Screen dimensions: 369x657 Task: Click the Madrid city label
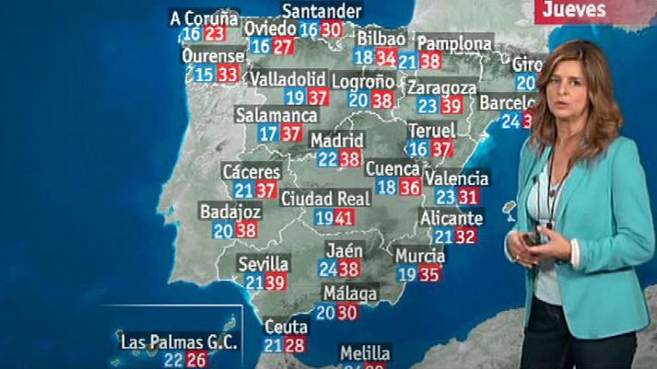[x=336, y=140]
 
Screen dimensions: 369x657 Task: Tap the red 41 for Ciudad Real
[x=344, y=219]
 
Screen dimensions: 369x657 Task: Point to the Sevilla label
[x=262, y=263]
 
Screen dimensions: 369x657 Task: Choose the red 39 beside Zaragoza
[x=451, y=106]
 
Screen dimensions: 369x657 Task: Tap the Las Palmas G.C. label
[x=179, y=341]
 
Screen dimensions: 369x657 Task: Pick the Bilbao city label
[x=380, y=39]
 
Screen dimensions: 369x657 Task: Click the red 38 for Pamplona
[x=429, y=62]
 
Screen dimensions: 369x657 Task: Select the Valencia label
[x=457, y=178]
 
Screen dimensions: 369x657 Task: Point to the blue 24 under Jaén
[x=328, y=268]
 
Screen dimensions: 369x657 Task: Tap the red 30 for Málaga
[x=347, y=313]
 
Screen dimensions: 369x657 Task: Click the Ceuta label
[x=285, y=327]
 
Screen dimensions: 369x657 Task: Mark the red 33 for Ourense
[x=227, y=75]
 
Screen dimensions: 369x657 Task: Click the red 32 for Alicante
[x=465, y=236]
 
